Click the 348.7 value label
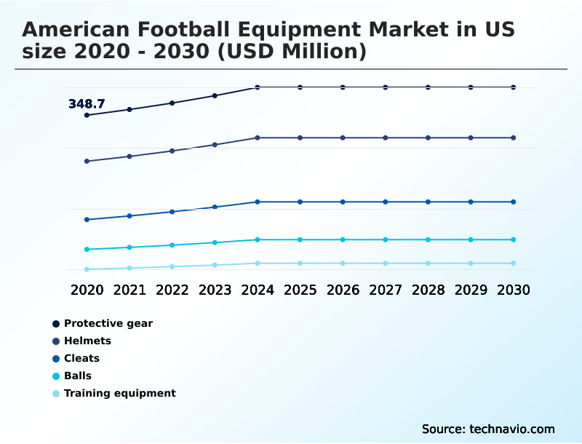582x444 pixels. coord(87,104)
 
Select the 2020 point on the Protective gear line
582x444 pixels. coord(87,115)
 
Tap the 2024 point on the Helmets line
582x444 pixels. coord(258,138)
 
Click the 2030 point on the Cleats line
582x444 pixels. coord(514,202)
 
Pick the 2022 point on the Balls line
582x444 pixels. coord(172,245)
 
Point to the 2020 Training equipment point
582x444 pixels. coord(87,269)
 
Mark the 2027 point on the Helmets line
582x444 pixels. coord(386,138)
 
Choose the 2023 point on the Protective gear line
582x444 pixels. coord(215,95)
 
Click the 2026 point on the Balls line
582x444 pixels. coord(343,239)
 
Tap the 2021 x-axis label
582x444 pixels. coord(129,290)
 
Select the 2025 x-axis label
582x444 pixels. coord(300,290)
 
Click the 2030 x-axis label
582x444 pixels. coord(514,290)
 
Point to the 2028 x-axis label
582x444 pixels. coord(428,290)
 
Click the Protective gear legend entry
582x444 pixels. coord(108,323)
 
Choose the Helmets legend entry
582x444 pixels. coord(87,341)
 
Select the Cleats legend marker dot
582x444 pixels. coord(56,358)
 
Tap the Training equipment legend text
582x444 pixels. coord(120,393)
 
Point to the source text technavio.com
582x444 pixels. coord(512,429)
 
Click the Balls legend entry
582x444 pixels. coord(77,376)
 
